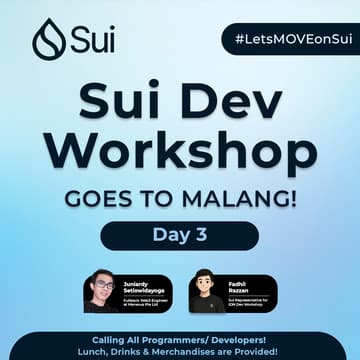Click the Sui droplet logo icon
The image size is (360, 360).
click(x=48, y=39)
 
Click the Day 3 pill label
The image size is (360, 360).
click(x=180, y=236)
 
